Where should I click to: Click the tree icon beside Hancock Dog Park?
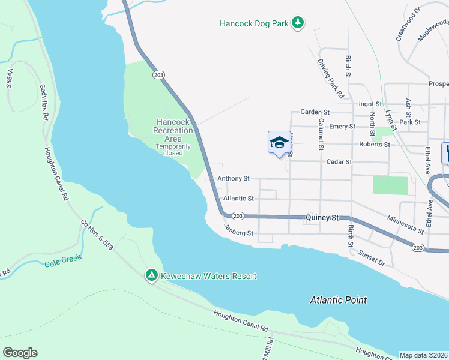[x=298, y=23]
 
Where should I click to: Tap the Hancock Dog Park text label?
[x=255, y=24]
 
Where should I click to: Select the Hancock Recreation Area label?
[x=172, y=130]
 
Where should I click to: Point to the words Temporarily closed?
[x=173, y=149]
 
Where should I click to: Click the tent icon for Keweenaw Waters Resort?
[x=152, y=275]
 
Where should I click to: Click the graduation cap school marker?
[x=279, y=143]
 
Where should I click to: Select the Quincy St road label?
[x=323, y=218]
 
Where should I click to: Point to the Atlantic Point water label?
[x=338, y=300]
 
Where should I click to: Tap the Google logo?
[x=20, y=353]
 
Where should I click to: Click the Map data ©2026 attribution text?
[x=423, y=355]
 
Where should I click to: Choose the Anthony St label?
[x=233, y=178]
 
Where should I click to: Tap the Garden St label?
[x=315, y=112]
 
